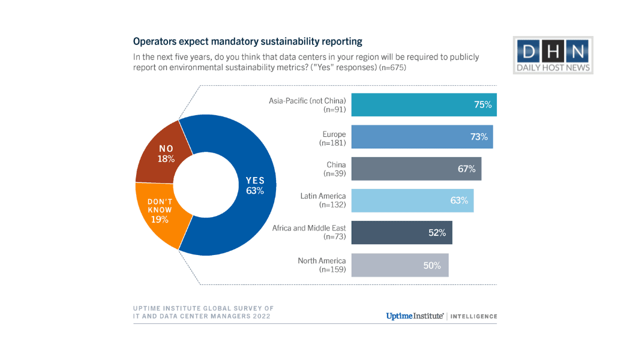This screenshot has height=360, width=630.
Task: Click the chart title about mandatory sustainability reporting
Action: [247, 42]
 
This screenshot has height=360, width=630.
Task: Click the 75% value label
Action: [482, 104]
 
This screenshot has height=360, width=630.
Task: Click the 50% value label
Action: [432, 265]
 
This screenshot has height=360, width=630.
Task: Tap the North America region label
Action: [322, 261]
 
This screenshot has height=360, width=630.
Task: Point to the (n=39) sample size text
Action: [335, 173]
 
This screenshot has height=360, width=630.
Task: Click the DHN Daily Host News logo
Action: [553, 55]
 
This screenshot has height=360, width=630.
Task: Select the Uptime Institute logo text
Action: [415, 316]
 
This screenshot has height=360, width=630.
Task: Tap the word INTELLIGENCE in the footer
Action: [474, 316]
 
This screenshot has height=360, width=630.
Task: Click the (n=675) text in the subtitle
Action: [392, 68]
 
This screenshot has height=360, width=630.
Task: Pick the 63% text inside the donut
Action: [255, 191]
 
